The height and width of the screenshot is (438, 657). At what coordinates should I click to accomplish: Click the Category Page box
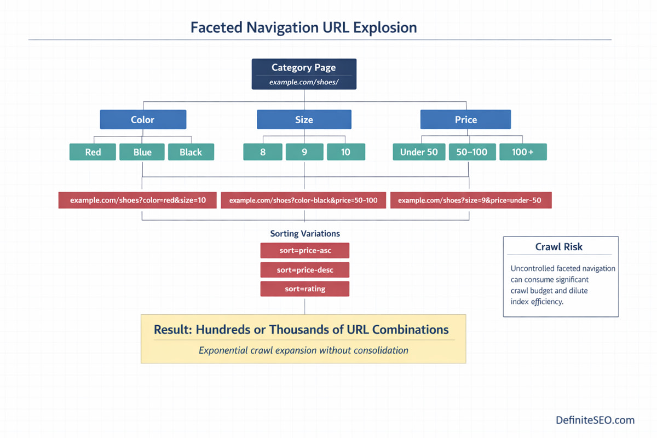(304, 74)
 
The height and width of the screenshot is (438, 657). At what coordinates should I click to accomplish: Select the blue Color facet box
(143, 119)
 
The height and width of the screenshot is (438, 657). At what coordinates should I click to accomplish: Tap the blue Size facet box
(304, 119)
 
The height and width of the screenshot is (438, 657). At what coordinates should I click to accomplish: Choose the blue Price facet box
(465, 119)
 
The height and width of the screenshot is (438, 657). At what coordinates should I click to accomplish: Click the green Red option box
(93, 152)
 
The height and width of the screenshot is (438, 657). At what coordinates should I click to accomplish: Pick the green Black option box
(191, 152)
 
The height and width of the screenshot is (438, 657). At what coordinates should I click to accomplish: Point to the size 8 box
(263, 152)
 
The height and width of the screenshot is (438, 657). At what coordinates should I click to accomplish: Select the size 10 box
(345, 152)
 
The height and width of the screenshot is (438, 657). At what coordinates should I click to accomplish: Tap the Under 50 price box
(419, 152)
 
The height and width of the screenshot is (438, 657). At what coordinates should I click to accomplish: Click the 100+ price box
(523, 152)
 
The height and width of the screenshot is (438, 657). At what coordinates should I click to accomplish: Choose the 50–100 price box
(472, 152)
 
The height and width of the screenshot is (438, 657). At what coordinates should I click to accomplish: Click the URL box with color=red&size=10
(138, 200)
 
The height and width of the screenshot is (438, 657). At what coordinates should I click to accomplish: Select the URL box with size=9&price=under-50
(470, 200)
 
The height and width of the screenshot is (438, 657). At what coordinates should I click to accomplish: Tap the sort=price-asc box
(304, 251)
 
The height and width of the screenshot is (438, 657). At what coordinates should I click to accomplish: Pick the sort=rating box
(304, 289)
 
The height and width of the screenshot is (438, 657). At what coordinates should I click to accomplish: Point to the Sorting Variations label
(305, 233)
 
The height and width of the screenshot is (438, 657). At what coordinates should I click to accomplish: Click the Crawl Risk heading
(558, 247)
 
